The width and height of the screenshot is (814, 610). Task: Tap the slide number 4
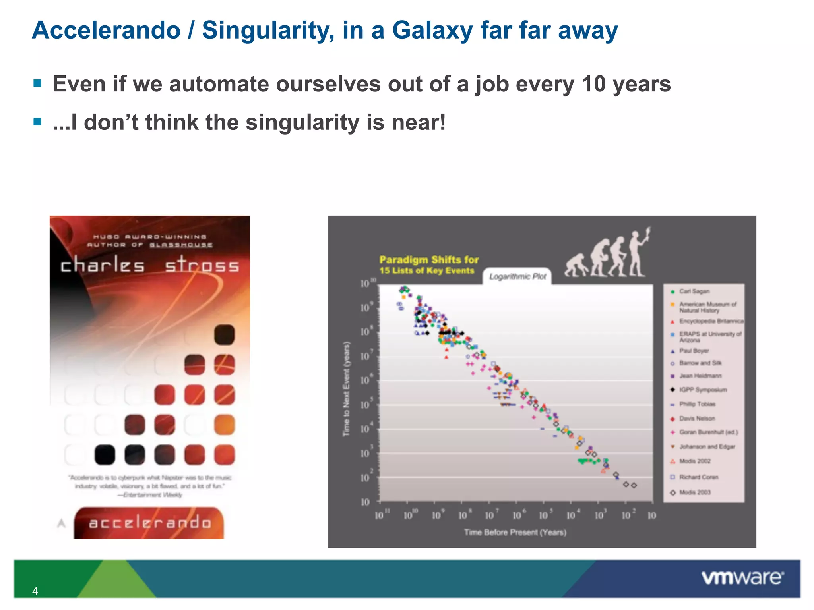35,591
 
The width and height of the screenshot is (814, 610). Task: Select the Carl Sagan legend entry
694,291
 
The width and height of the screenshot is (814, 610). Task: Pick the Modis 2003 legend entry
694,492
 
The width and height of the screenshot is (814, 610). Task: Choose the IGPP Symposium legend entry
703,390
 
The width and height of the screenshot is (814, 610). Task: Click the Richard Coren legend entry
698,477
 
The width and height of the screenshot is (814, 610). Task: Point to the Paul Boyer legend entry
694,351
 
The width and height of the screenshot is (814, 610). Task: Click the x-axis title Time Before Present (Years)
515,532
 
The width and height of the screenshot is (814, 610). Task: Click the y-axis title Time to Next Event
347,389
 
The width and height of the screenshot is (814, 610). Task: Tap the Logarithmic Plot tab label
517,276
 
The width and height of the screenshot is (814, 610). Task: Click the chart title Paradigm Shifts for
429,260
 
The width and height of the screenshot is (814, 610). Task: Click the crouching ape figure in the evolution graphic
576,265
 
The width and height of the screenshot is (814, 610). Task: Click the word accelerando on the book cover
149,523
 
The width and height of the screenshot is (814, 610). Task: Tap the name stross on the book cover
202,265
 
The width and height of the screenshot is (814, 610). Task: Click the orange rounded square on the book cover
224,425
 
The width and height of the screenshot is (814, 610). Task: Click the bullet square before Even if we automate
38,83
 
